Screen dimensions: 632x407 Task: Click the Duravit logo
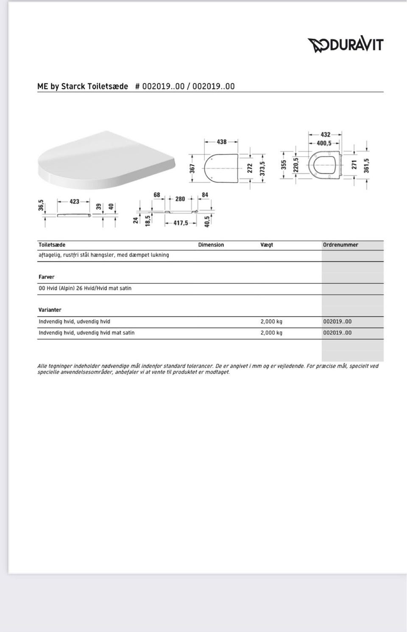(x=345, y=45)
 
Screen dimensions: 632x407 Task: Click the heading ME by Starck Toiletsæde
(x=83, y=86)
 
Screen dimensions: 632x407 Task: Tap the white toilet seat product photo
(x=106, y=160)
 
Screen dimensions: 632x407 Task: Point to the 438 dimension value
(x=222, y=142)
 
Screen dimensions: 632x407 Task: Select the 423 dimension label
(x=75, y=201)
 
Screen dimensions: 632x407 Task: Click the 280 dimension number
(x=180, y=199)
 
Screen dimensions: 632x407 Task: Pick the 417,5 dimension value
(x=181, y=223)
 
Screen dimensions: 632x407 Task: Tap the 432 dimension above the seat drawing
(x=325, y=135)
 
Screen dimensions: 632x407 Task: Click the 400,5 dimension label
(x=324, y=143)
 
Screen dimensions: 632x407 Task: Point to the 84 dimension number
(x=205, y=195)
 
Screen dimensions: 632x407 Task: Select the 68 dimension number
(x=157, y=195)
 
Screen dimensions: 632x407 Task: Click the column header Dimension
(x=211, y=245)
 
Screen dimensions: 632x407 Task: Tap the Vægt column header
(x=267, y=245)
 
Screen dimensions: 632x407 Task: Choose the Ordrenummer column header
(x=340, y=245)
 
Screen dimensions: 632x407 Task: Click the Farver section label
(x=47, y=277)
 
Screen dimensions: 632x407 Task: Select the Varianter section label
(x=50, y=310)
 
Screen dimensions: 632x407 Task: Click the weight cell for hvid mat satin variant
(x=271, y=333)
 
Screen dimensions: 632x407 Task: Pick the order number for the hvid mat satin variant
(x=337, y=333)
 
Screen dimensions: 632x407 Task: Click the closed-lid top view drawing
(x=221, y=168)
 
